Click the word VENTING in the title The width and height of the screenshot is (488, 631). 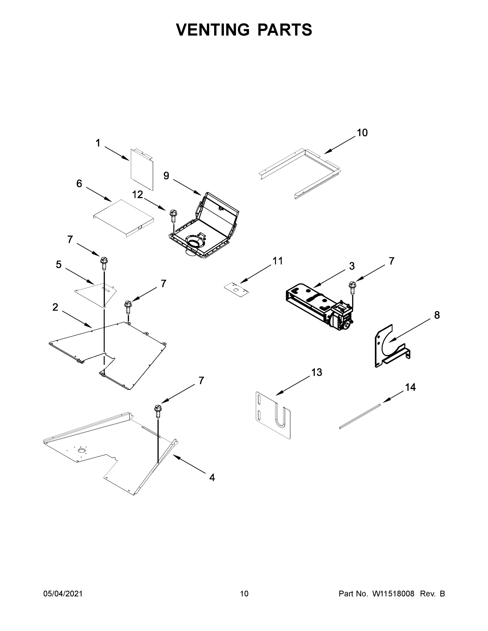213,30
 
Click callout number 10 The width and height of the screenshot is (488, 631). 362,133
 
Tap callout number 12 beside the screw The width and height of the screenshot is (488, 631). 137,195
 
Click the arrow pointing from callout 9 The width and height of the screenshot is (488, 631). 187,187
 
